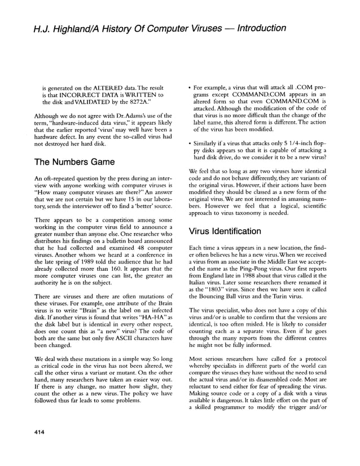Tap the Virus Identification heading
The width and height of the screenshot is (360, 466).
point(225,231)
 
